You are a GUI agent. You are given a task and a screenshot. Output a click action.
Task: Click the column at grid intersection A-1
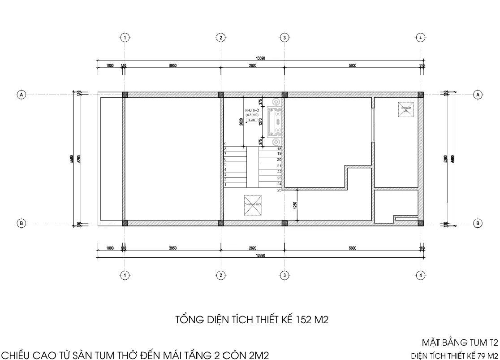click(125, 95)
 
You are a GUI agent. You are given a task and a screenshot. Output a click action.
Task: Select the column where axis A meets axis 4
click(420, 95)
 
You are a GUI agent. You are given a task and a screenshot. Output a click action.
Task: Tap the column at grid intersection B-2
click(220, 223)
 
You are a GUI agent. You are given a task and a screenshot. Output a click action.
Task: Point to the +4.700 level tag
click(251, 120)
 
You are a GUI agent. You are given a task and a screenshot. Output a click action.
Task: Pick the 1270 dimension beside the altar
click(261, 121)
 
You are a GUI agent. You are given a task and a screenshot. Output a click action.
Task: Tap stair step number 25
click(279, 191)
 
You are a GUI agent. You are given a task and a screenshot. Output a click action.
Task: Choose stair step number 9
click(225, 144)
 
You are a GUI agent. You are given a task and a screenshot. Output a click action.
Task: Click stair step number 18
click(279, 149)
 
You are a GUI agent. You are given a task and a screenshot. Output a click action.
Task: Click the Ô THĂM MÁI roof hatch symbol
click(406, 109)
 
